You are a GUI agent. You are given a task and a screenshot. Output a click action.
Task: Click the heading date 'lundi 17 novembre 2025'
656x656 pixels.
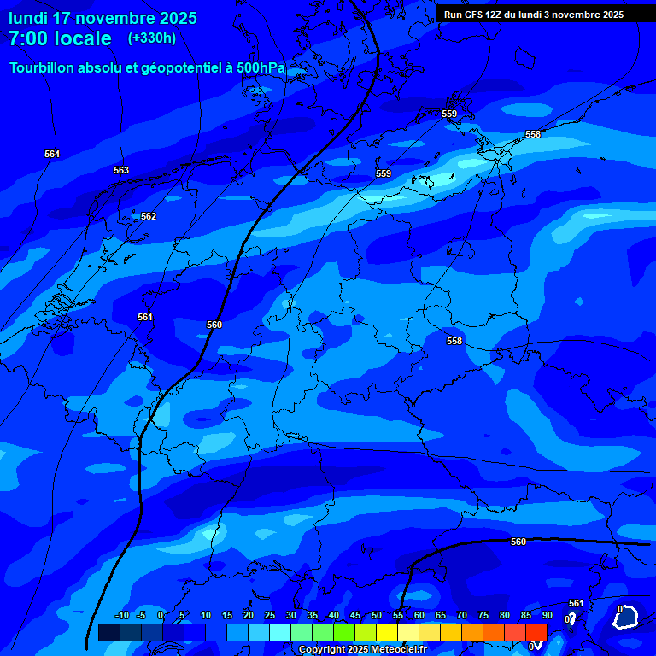[102, 18]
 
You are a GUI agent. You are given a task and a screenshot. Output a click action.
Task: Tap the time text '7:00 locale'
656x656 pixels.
[60, 38]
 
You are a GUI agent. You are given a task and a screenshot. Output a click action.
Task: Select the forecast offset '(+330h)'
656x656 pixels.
[151, 38]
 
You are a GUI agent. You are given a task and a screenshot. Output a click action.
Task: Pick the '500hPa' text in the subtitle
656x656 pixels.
[261, 67]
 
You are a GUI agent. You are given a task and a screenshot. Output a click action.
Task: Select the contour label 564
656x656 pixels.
[52, 154]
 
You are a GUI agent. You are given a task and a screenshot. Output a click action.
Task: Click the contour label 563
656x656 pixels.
[121, 170]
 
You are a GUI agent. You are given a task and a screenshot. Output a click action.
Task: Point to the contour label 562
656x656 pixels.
[149, 216]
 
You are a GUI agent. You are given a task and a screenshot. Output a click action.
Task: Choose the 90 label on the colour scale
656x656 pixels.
[547, 616]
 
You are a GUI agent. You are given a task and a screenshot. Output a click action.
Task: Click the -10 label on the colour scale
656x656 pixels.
[122, 616]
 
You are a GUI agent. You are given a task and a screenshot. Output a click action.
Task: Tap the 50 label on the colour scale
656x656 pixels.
[377, 616]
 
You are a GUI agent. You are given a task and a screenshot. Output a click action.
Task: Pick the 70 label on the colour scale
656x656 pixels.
[462, 616]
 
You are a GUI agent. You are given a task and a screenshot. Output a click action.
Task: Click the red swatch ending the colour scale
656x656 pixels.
[536, 632]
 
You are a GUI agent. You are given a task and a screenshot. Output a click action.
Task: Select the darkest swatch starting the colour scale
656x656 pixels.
[109, 632]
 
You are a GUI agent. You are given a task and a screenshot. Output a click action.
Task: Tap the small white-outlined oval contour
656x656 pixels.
[628, 616]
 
